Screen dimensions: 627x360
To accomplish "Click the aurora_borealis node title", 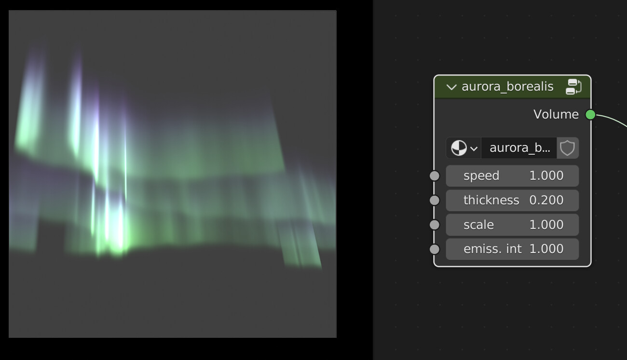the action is click(507, 87).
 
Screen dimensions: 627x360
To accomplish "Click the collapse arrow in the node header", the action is click(451, 87).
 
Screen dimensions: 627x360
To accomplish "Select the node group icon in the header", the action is click(573, 87).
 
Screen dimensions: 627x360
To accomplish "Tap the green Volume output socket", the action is click(590, 114).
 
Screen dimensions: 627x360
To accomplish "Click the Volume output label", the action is click(556, 114).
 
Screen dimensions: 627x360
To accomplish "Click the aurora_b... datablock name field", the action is click(519, 148).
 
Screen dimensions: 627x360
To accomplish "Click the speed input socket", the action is click(435, 176).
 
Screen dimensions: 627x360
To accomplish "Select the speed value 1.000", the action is click(546, 176).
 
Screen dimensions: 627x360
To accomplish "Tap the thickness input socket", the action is click(435, 200).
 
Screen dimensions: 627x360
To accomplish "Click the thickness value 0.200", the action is click(546, 200).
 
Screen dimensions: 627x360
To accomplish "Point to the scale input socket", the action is click(435, 225).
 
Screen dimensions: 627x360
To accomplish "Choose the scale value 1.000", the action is click(546, 225).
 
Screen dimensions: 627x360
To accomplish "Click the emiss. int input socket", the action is click(435, 249).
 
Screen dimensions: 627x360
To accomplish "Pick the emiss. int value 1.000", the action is click(546, 249).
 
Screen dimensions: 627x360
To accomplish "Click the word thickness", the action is click(491, 200).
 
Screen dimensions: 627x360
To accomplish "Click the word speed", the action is click(481, 176).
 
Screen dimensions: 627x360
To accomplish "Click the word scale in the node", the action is click(478, 225).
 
